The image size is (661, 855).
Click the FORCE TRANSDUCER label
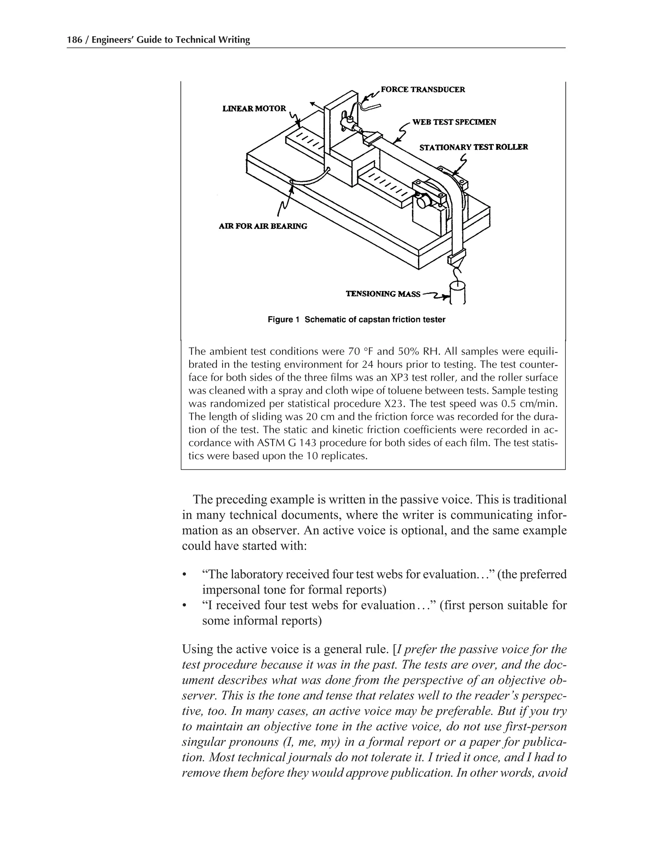coord(422,90)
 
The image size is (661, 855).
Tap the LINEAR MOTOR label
coord(254,108)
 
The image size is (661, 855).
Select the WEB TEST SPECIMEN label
coord(454,122)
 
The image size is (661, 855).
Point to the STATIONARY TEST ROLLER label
coord(473,147)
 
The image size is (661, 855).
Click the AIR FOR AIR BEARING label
coord(263,226)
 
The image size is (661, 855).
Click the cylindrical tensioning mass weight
coord(457,293)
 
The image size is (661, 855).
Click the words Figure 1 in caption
coord(283,319)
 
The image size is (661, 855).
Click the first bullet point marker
coord(184,575)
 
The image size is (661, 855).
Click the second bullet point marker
coord(184,606)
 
